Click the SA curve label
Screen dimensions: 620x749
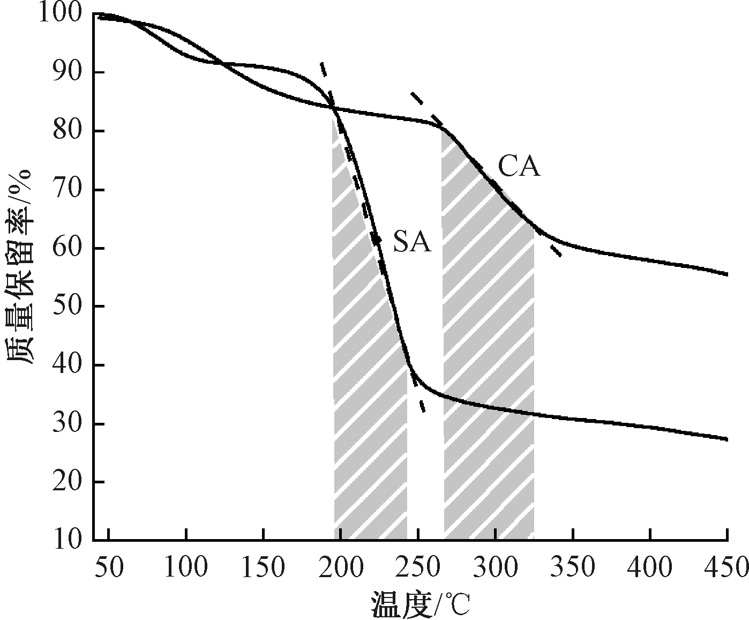[x=412, y=242]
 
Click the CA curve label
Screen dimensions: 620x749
[x=519, y=167]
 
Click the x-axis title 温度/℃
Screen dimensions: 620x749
[x=420, y=604]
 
